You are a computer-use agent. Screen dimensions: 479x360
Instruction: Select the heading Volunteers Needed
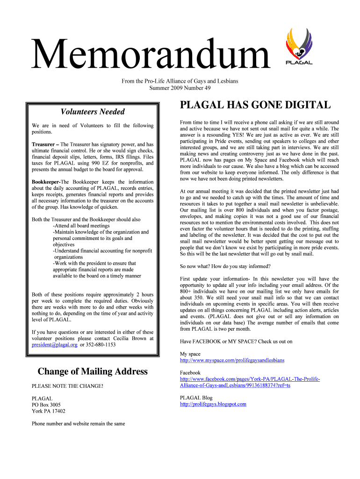(93, 111)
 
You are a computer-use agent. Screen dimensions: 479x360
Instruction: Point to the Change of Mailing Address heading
(93, 371)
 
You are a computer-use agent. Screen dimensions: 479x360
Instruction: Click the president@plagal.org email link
(54, 345)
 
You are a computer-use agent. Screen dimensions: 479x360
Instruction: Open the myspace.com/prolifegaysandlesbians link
(232, 361)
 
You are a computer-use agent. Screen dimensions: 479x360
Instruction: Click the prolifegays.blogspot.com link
(213, 404)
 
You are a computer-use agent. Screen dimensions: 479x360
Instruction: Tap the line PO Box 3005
(46, 405)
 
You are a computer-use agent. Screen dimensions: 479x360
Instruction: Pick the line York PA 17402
(49, 411)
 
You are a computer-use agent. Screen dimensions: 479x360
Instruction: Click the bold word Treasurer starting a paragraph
(44, 145)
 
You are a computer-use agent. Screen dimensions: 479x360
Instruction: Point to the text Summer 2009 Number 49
(180, 88)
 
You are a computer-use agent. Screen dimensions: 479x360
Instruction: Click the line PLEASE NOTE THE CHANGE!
(67, 386)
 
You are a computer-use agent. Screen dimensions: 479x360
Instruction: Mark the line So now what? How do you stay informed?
(225, 266)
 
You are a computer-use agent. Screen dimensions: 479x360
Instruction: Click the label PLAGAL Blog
(196, 398)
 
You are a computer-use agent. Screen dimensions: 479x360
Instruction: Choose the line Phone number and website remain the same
(79, 424)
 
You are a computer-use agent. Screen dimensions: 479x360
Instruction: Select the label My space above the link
(190, 354)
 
